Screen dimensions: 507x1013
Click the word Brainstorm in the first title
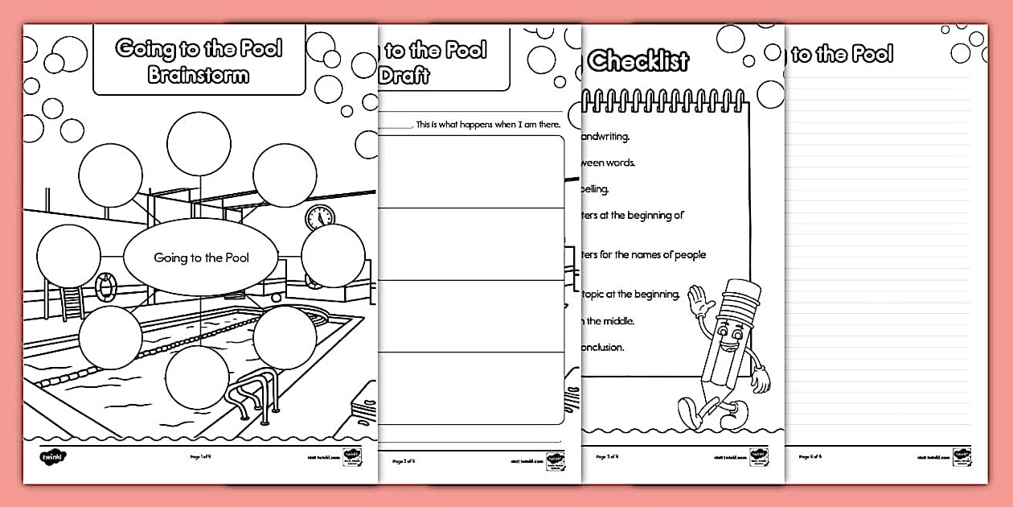coord(199,76)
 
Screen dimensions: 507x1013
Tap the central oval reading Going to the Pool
coord(201,258)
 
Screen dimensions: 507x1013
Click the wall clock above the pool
coord(319,216)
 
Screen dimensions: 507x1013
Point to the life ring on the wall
coord(105,284)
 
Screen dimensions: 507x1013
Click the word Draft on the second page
coord(404,76)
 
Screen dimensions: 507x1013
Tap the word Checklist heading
coord(638,60)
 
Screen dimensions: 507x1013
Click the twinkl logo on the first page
coord(52,457)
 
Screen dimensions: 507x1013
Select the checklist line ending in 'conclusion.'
coord(602,348)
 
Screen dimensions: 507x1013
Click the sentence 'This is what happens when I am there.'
coord(487,125)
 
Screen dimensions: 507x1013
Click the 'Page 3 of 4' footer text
coord(607,457)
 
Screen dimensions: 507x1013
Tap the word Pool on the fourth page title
coord(872,55)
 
